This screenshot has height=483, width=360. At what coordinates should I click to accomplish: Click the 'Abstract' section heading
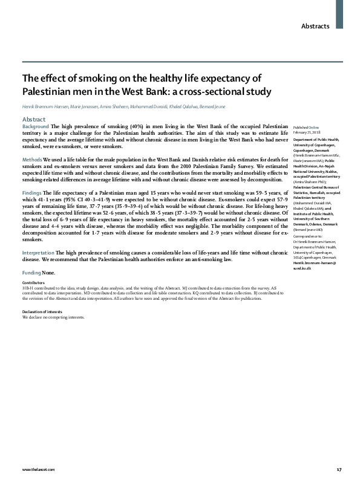pyautogui.click(x=34, y=120)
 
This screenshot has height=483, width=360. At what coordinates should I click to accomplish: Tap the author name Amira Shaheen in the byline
pyautogui.click(x=110, y=107)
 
